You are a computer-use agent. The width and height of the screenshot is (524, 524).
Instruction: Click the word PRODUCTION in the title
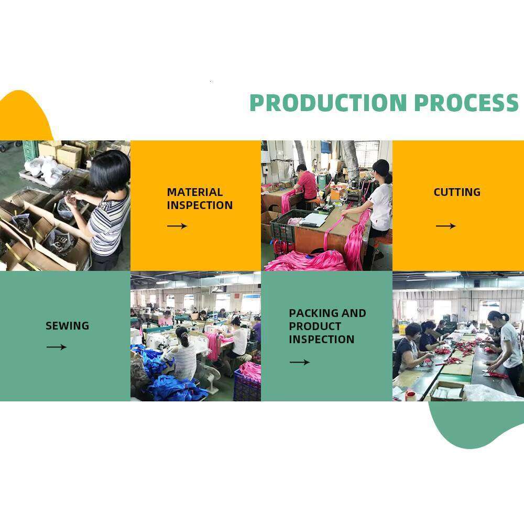(328, 103)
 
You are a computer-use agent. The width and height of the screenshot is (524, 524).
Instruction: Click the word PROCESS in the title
(466, 103)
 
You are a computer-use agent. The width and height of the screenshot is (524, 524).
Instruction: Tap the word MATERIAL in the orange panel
(195, 192)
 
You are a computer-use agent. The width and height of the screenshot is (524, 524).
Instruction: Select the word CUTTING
(457, 192)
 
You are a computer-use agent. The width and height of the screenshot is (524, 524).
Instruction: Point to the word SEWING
(67, 326)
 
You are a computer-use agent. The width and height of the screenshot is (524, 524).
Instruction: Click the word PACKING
(313, 313)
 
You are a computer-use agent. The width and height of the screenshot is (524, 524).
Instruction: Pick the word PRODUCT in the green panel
(315, 326)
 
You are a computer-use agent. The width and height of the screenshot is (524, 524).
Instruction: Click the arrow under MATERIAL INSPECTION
(177, 226)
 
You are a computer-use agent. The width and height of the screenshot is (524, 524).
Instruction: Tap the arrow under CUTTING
(445, 226)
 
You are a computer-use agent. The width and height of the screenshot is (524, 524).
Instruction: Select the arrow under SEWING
(57, 347)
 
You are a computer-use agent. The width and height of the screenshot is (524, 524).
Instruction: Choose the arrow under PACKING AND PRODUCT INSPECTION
(299, 362)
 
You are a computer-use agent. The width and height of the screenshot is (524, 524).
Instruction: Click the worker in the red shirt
(306, 185)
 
